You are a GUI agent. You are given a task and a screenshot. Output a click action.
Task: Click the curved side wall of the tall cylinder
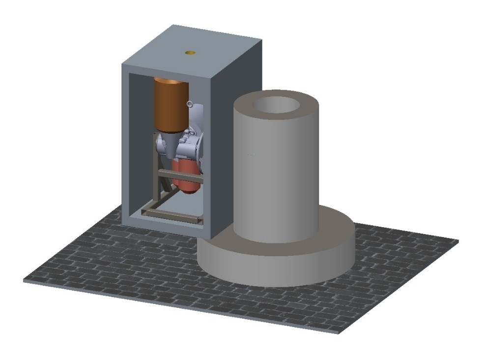point(275,177)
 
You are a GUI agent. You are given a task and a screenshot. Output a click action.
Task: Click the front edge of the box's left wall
point(126,148)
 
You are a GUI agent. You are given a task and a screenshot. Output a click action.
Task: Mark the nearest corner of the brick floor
point(339,332)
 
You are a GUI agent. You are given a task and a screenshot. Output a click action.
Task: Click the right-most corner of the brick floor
point(458,241)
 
